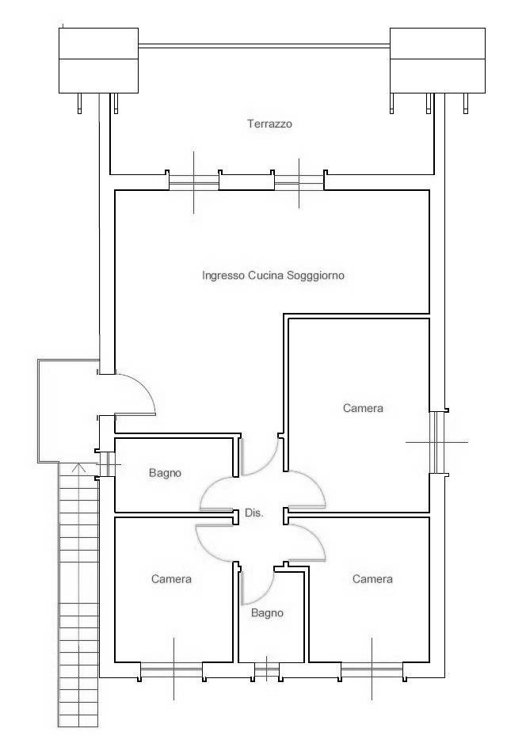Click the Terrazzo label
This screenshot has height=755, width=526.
coord(270,124)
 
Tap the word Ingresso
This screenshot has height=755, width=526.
coord(223,276)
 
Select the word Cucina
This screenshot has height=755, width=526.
coord(266,276)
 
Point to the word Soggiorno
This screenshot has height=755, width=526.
coord(315,276)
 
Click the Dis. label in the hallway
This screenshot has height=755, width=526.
coord(254,513)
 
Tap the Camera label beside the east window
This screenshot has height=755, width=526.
coord(363,408)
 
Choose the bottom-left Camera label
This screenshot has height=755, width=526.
coord(171,579)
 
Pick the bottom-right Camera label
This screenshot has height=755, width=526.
coord(372,579)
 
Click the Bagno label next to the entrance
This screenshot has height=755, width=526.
coord(166,473)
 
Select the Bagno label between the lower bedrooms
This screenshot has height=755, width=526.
coord(267,613)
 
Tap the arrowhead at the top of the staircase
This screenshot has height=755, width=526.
coord(78,467)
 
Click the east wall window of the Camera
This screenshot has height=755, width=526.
coord(436,442)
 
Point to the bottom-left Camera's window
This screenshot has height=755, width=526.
coord(172,669)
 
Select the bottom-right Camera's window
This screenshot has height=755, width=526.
coord(372,669)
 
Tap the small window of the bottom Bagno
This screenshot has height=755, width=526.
coord(266,670)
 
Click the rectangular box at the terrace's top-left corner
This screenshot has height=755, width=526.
coord(99,60)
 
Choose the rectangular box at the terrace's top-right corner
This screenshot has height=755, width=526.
coord(437,60)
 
